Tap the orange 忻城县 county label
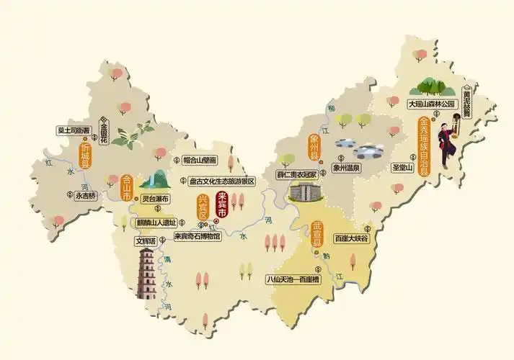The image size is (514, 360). click(x=85, y=156)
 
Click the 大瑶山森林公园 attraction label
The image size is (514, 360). click(x=433, y=104)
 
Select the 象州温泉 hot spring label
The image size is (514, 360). click(x=346, y=167)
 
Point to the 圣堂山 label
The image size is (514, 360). click(x=401, y=168)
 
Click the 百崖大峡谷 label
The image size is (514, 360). click(x=351, y=238)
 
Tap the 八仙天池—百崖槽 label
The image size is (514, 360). click(x=293, y=278)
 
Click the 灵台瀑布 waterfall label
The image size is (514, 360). click(x=154, y=199)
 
